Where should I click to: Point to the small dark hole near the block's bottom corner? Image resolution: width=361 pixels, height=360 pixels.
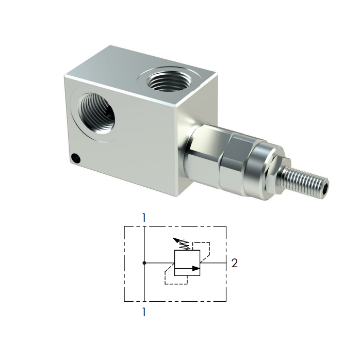(76, 158)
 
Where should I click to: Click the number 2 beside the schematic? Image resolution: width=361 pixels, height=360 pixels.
(235, 263)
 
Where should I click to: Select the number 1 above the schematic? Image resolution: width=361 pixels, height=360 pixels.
(144, 218)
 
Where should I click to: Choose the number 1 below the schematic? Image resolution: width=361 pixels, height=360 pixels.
(144, 312)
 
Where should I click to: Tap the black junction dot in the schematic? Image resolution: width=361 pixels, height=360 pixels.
(144, 263)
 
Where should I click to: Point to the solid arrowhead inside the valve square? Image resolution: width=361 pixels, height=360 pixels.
(195, 268)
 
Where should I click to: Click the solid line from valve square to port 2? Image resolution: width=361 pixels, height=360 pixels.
(214, 263)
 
